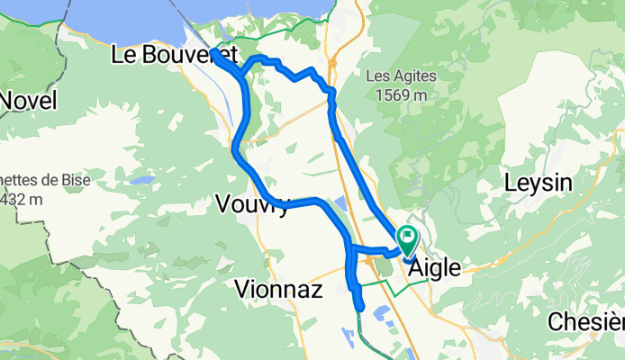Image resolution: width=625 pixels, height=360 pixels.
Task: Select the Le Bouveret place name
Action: (174, 56)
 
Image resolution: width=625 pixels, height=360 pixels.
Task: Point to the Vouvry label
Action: (253, 206)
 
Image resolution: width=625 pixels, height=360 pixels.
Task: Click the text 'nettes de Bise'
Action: (23, 179)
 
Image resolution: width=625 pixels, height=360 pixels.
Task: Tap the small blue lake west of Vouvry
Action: (141, 180)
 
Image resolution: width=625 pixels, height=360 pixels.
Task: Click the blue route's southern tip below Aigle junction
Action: (360, 307)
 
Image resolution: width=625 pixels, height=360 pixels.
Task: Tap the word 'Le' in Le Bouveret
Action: (124, 56)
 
